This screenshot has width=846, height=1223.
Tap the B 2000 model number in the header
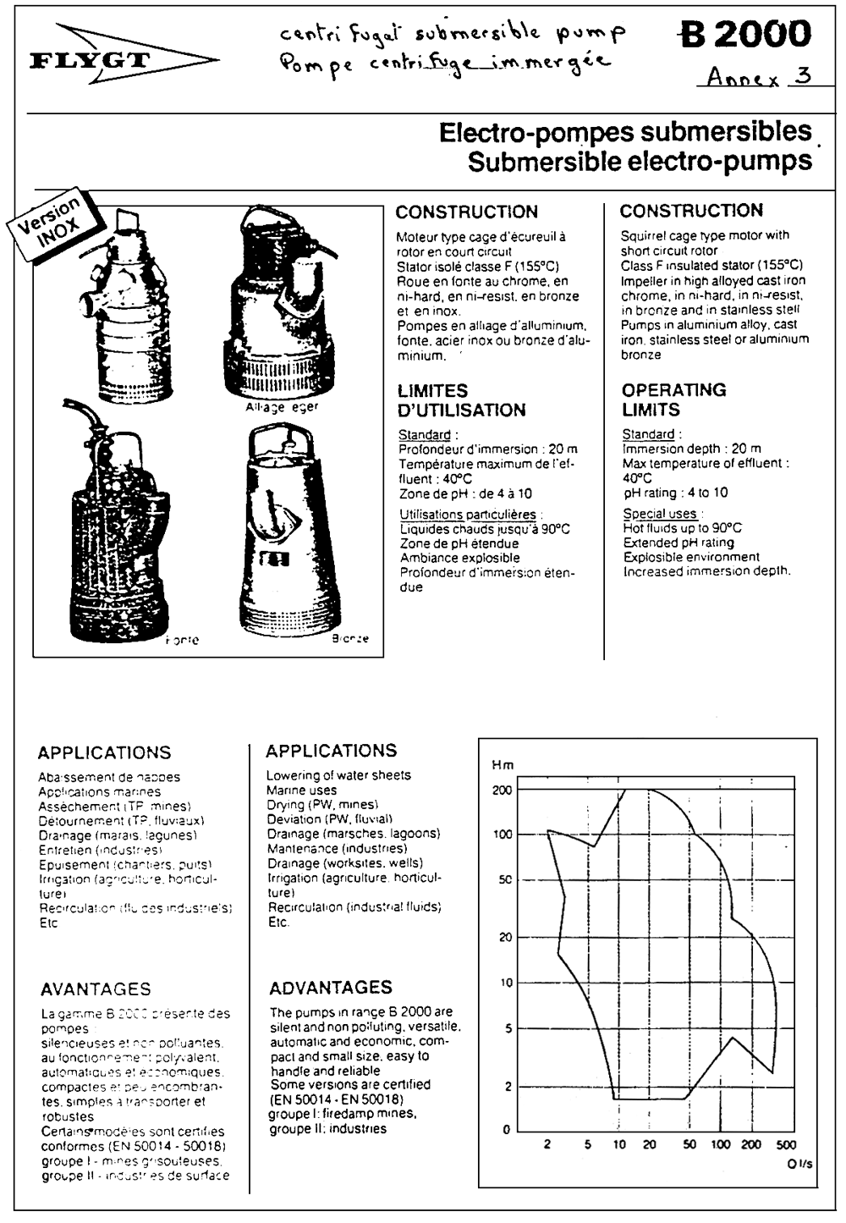(744, 34)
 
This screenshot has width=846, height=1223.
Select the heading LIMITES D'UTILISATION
(461, 400)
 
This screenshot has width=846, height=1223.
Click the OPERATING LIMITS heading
(673, 399)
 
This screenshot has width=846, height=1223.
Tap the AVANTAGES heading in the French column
(96, 989)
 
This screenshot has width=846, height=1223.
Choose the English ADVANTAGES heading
(331, 987)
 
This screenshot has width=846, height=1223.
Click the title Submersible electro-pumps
(639, 162)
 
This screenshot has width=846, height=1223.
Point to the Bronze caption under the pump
(350, 639)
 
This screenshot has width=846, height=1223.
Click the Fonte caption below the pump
(183, 641)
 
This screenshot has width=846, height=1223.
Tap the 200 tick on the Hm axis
(503, 790)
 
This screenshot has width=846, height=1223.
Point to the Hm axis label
(503, 765)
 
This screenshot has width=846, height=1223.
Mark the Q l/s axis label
(799, 1164)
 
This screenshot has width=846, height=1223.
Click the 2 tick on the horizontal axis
(547, 1145)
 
